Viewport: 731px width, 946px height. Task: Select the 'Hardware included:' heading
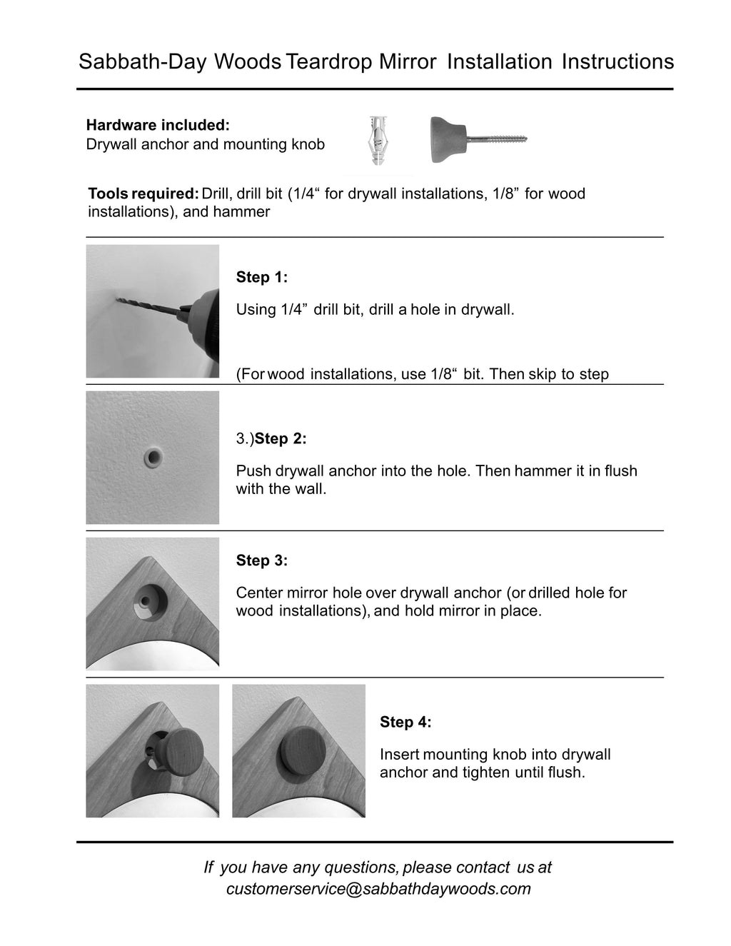158,125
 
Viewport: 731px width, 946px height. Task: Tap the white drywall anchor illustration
378,140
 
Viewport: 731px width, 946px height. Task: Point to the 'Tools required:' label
143,193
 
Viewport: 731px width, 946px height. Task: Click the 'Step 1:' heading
262,277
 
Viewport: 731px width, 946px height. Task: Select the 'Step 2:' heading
281,438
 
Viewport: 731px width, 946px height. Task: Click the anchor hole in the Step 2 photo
153,456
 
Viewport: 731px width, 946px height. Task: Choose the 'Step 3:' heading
262,560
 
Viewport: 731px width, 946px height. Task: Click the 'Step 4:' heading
405,722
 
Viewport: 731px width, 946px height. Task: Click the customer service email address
378,889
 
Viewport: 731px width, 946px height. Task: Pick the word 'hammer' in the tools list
247,212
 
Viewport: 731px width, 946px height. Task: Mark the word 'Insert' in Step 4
400,755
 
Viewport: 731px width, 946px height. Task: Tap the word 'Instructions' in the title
617,62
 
